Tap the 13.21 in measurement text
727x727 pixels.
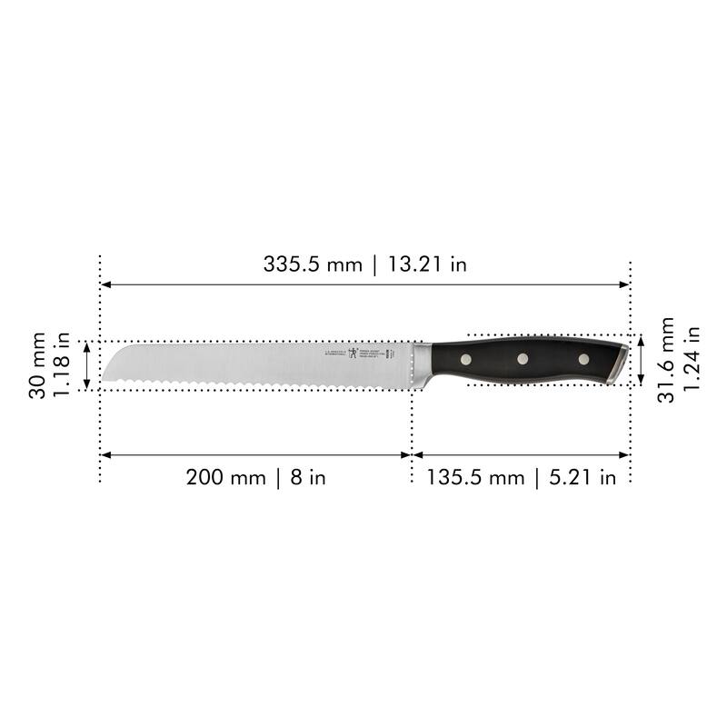428,265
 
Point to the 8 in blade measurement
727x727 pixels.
309,477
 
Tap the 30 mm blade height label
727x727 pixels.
37,363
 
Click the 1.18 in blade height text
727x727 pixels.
63,363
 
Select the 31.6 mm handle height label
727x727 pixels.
667,360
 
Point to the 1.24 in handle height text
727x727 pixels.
692,360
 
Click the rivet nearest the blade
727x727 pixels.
465,360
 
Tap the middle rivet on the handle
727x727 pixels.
523,359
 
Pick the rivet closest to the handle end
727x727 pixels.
583,358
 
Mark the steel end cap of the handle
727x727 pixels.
618,362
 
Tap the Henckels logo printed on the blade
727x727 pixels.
352,354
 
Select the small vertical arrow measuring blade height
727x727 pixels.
87,365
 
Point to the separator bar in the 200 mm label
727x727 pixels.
279,477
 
